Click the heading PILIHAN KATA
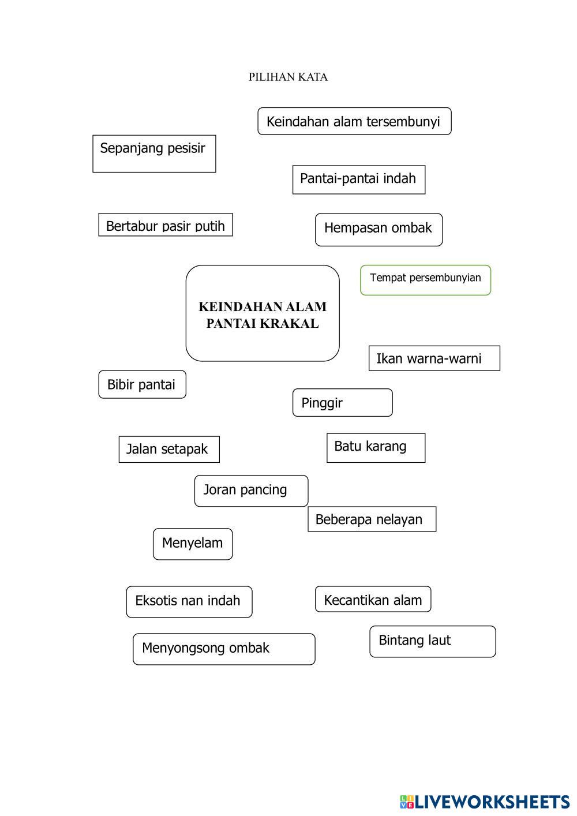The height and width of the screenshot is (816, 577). pos(288,77)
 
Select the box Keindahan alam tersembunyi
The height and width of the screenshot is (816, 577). pos(354,121)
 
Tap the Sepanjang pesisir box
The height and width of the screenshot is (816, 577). pos(154,153)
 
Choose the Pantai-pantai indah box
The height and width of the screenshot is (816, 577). pos(358,179)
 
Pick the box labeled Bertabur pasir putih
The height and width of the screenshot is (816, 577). pos(166,225)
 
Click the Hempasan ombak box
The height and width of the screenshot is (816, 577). pos(379,229)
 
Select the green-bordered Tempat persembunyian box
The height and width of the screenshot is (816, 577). pos(425,280)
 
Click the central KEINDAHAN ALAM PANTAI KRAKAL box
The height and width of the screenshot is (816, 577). pos(263,313)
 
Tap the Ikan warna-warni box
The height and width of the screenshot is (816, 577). pos(434,358)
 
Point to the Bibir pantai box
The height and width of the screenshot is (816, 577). pos(142,384)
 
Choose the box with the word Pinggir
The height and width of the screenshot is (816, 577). pos(342,403)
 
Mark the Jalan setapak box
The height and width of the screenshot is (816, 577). pos(168,449)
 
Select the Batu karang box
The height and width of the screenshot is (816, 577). pos(376,447)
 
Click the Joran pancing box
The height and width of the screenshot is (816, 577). pos(251,491)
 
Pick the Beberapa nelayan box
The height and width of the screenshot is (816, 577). pos(372,519)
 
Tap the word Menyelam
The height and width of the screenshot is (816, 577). pos(192,543)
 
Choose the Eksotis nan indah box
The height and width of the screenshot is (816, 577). pos(189,601)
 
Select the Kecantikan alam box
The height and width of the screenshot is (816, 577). pos(373,600)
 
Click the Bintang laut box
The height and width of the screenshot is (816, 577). pos(432,641)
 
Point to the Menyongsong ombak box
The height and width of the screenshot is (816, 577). pos(224,649)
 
